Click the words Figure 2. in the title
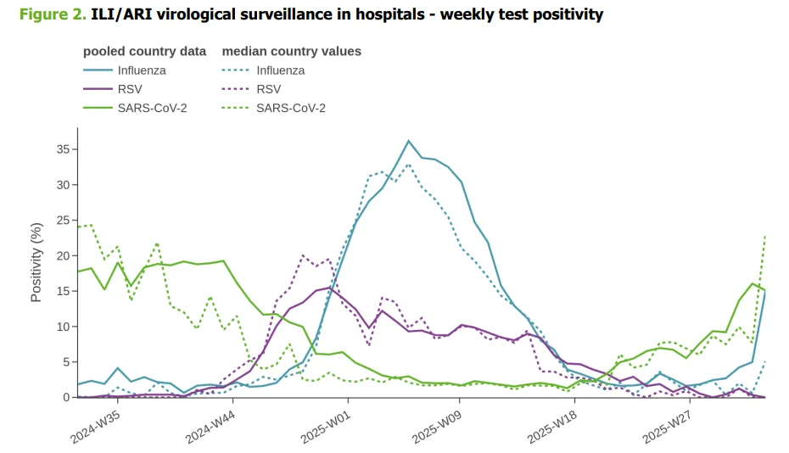pyautogui.click(x=53, y=14)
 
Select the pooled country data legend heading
pyautogui.click(x=144, y=52)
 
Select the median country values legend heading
pyautogui.click(x=292, y=52)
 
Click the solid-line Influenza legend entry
pyautogui.click(x=125, y=70)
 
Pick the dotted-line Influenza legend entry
pyautogui.click(x=264, y=70)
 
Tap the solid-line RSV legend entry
pyautogui.click(x=113, y=89)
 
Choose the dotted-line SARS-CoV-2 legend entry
pyautogui.click(x=274, y=108)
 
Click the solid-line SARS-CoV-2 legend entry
pyautogui.click(x=135, y=108)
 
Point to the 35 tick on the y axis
pyautogui.click(x=64, y=149)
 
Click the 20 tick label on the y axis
pyautogui.click(x=64, y=255)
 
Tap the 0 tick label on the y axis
pyautogui.click(x=66, y=398)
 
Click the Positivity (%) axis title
pyautogui.click(x=36, y=262)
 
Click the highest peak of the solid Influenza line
pyautogui.click(x=409, y=141)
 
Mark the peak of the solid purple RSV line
pyautogui.click(x=329, y=288)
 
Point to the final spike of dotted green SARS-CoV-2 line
pyautogui.click(x=765, y=236)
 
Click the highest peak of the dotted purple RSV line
pyautogui.click(x=303, y=255)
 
